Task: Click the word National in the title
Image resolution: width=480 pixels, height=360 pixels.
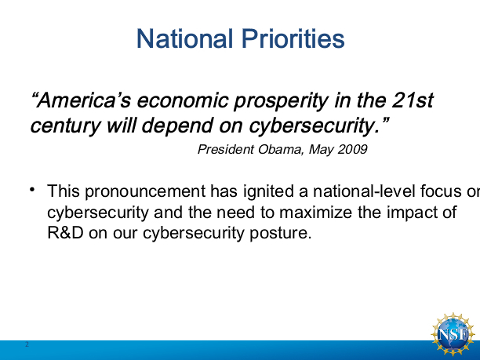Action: click(x=184, y=38)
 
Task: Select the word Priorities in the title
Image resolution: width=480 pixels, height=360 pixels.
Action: click(x=293, y=38)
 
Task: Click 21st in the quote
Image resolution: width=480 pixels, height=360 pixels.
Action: click(x=413, y=100)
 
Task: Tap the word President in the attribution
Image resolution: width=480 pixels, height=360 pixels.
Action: click(x=226, y=149)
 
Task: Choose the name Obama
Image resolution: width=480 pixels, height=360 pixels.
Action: click(x=281, y=149)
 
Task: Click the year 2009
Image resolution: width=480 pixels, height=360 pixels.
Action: click(x=353, y=149)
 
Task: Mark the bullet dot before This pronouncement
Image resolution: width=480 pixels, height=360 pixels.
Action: click(x=32, y=189)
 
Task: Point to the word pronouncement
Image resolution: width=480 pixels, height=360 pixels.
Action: click(x=145, y=192)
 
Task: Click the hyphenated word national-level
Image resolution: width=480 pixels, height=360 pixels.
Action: click(x=364, y=191)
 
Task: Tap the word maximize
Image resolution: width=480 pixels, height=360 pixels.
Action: click(x=315, y=212)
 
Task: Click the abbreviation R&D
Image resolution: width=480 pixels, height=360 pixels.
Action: click(x=66, y=233)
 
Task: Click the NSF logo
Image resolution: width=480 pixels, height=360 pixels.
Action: click(x=453, y=334)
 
